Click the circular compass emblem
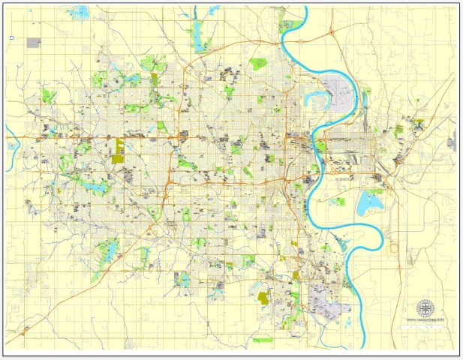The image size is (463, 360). point(425,307)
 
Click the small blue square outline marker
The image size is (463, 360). point(11,37)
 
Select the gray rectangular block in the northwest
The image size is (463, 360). point(34,43)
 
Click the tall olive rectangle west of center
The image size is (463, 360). point(118,149)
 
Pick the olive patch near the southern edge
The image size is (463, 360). point(263,298)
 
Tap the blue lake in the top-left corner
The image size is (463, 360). point(78,13)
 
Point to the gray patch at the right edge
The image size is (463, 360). point(452,140)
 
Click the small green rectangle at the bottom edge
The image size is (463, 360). point(263,340)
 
